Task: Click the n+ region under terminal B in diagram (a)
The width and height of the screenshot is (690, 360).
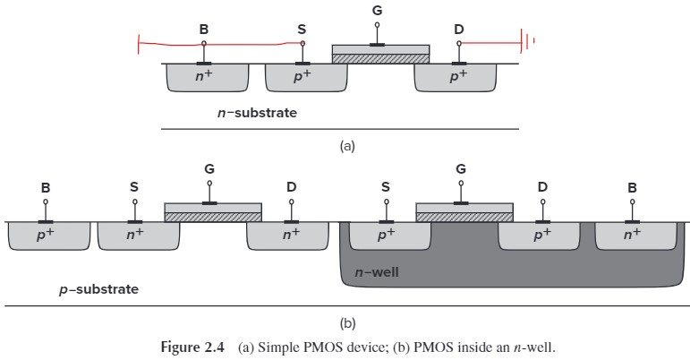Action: [208, 78]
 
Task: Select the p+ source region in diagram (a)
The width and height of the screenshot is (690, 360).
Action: [306, 78]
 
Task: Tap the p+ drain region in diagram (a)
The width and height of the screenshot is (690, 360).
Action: [457, 78]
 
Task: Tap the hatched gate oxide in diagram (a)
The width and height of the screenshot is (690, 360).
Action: [380, 58]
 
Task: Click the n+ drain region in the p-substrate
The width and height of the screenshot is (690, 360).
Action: [290, 236]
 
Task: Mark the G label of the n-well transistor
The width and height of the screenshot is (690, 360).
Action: [462, 168]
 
